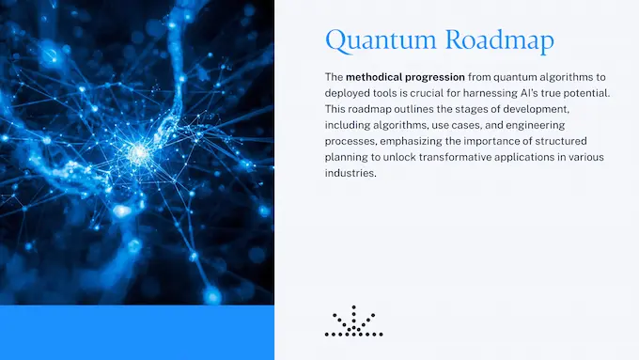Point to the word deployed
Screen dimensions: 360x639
point(350,93)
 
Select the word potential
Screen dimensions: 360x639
point(610,93)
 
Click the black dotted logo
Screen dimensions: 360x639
point(353,321)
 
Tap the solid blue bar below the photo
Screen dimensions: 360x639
point(137,333)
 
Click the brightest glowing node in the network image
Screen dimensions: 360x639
point(141,150)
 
